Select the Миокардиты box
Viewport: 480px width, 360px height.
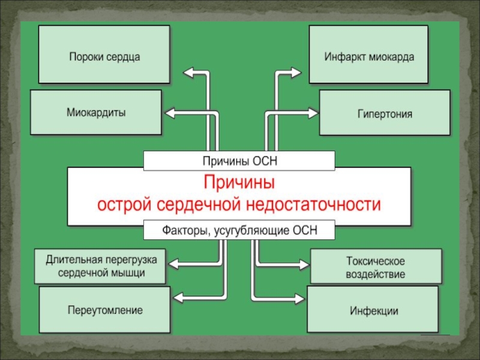tap(96, 112)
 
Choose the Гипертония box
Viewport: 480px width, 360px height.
tap(385, 112)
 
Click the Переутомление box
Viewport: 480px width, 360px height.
tap(104, 310)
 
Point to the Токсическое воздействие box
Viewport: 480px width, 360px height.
tap(376, 268)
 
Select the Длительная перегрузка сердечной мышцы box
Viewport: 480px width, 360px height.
tap(100, 266)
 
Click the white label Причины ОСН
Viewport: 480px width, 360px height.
tap(239, 161)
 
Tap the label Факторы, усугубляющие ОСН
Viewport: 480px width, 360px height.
tap(239, 230)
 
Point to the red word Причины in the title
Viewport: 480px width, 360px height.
tap(239, 182)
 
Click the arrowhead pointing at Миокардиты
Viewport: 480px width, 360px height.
tap(169, 112)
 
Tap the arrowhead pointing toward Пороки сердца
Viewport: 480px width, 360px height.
tap(187, 73)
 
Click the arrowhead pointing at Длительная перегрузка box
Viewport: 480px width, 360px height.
tap(173, 263)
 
